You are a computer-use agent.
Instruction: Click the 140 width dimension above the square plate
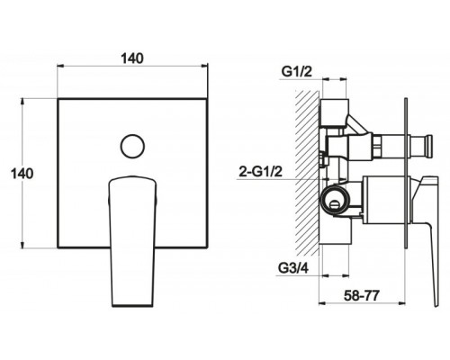(x=132, y=58)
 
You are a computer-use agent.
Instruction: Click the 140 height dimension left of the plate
(x=22, y=174)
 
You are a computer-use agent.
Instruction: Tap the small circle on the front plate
(x=132, y=146)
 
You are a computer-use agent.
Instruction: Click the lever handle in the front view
(x=132, y=241)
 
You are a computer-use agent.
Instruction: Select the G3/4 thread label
(x=292, y=268)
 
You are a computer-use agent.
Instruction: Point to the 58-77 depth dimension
(x=362, y=296)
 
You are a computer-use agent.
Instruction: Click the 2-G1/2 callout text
(x=261, y=172)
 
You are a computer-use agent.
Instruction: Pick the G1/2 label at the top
(x=297, y=72)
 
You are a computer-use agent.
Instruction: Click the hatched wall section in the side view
(x=307, y=173)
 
